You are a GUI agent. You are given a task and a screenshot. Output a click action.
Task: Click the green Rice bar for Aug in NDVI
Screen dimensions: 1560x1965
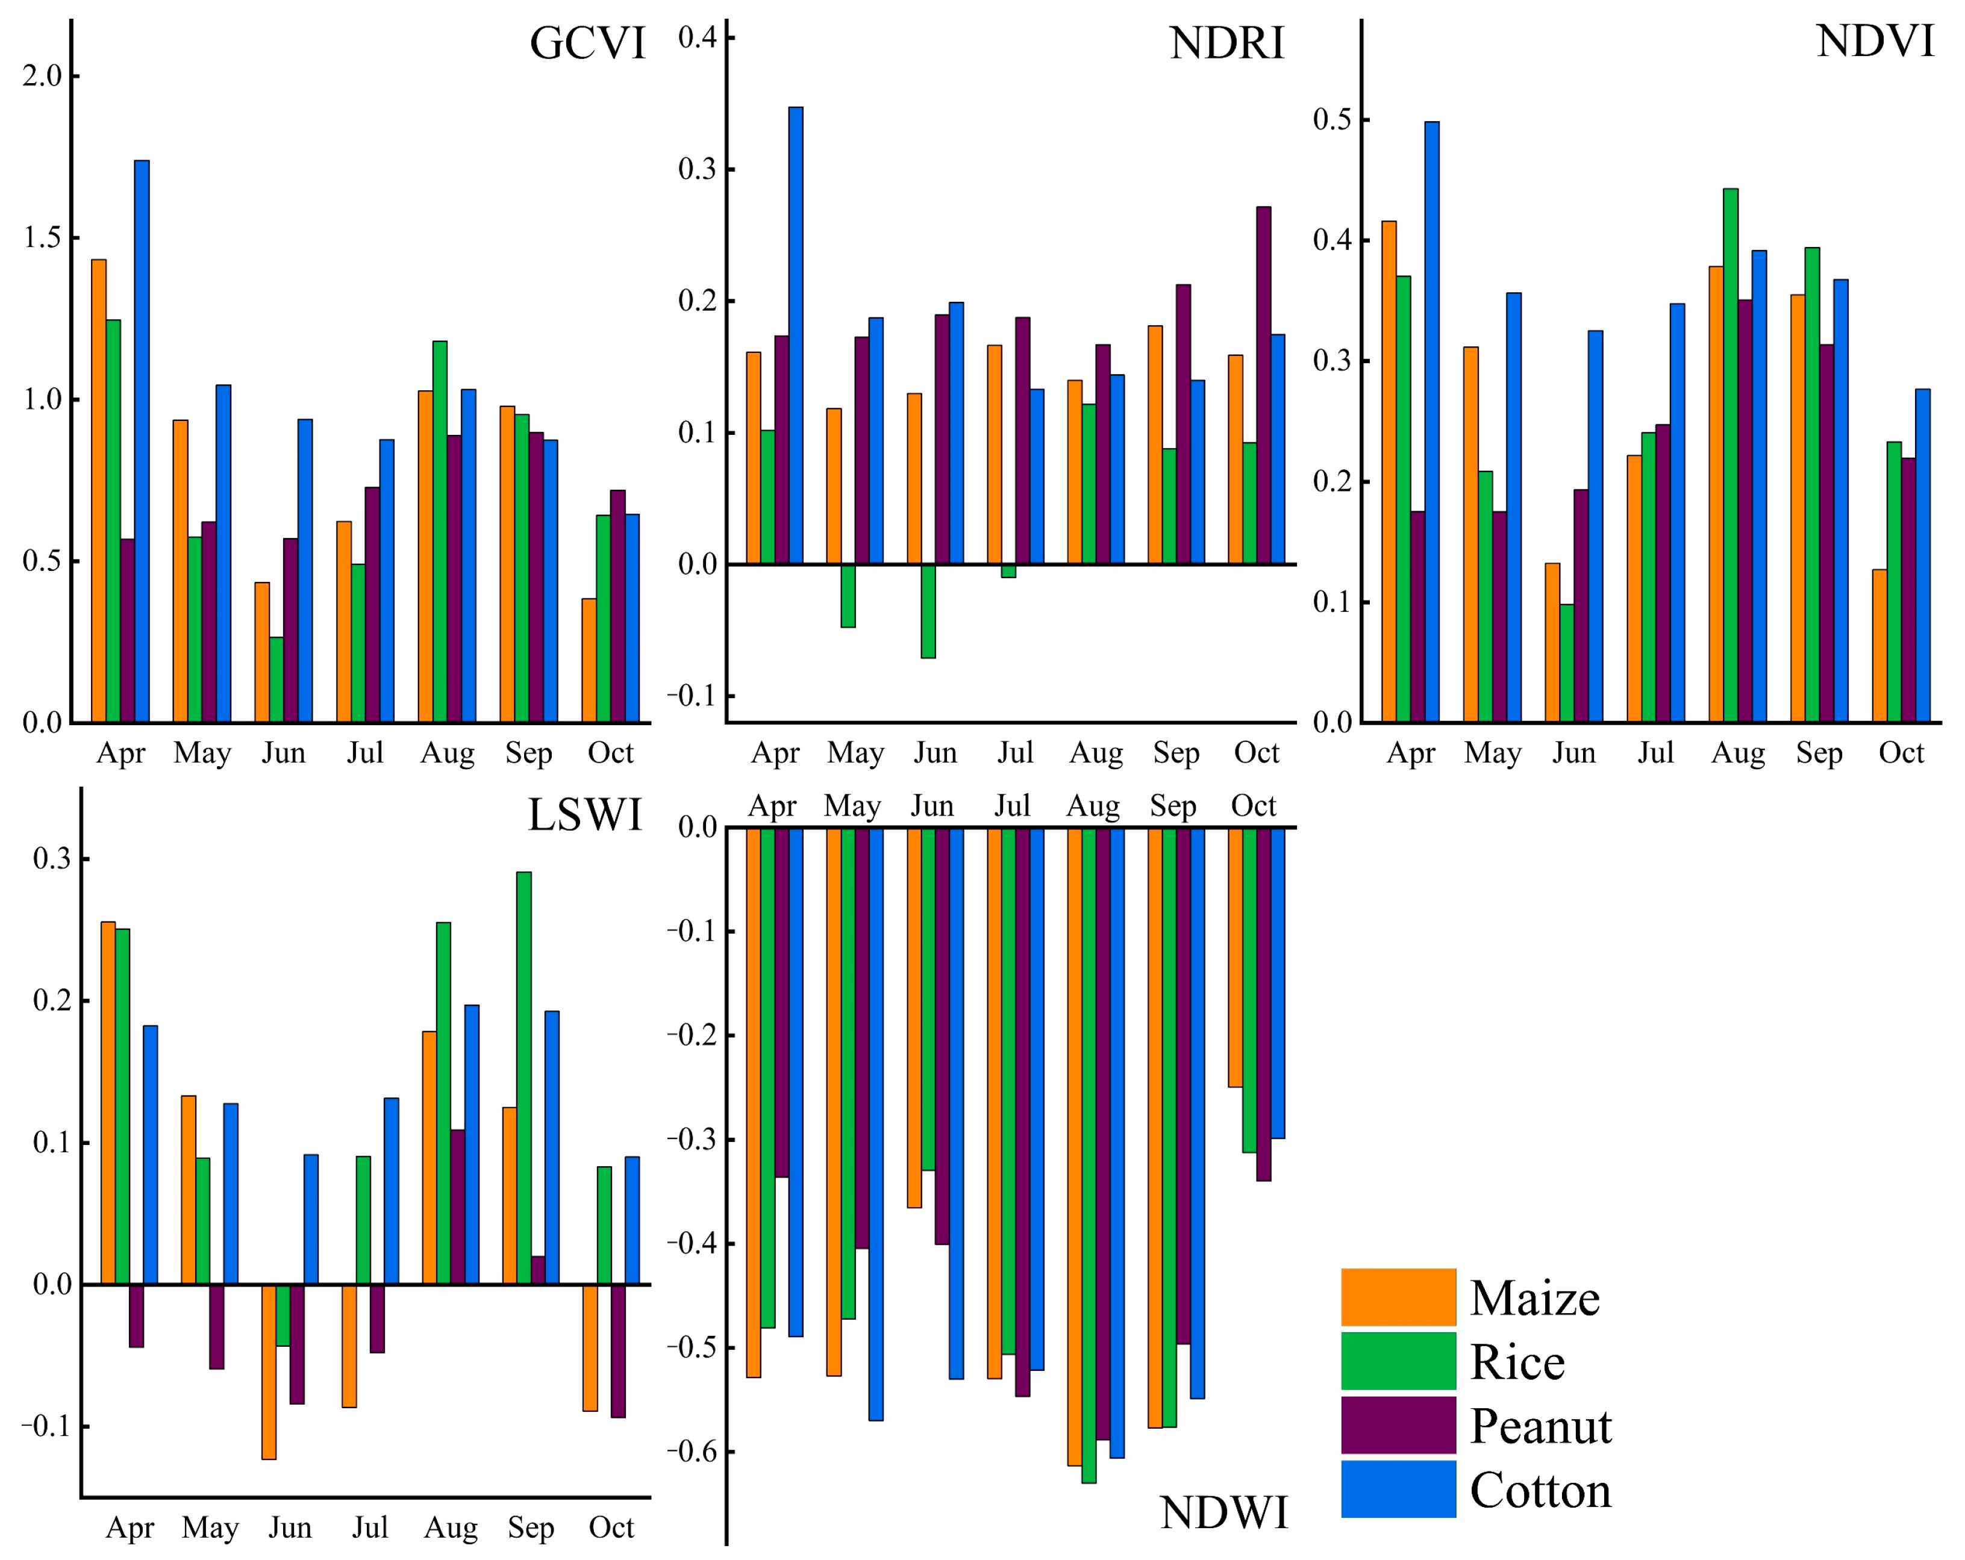click(1730, 455)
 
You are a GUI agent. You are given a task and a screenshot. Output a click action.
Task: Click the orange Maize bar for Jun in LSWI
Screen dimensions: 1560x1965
click(269, 1371)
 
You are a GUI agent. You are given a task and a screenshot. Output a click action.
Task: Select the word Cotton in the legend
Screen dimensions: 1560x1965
click(1540, 1491)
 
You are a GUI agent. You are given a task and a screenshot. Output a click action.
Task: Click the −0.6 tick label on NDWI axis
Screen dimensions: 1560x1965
click(692, 1452)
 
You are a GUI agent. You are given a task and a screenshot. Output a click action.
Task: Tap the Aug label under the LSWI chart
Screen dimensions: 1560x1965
click(450, 1528)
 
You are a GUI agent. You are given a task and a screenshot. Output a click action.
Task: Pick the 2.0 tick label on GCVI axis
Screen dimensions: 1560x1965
click(42, 76)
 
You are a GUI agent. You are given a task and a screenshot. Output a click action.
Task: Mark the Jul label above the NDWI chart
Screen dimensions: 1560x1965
click(1011, 805)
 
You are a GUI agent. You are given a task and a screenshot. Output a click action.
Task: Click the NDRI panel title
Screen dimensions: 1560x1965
click(1226, 44)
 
